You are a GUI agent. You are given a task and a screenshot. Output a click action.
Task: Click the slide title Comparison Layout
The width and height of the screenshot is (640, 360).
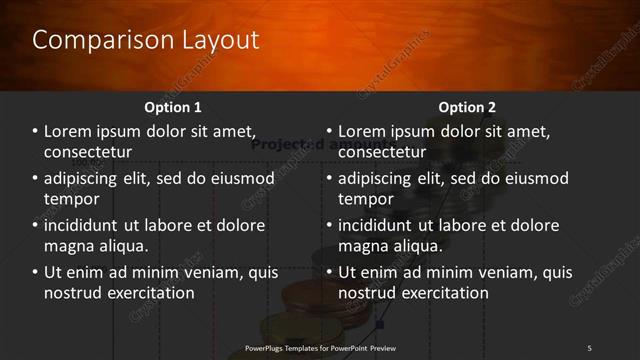click(x=146, y=40)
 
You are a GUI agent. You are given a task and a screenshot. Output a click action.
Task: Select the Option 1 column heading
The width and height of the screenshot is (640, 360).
click(x=173, y=107)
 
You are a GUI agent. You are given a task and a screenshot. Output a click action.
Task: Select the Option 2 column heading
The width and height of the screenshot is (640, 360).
click(x=467, y=107)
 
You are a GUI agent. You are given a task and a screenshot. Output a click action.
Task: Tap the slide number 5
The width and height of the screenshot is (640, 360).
click(x=589, y=348)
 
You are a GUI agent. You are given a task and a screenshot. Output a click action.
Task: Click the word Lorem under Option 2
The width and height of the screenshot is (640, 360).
click(x=363, y=131)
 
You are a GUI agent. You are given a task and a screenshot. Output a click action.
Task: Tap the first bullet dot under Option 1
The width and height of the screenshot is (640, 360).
click(x=35, y=132)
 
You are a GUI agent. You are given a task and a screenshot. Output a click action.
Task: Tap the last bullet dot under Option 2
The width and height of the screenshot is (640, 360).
click(x=329, y=273)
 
